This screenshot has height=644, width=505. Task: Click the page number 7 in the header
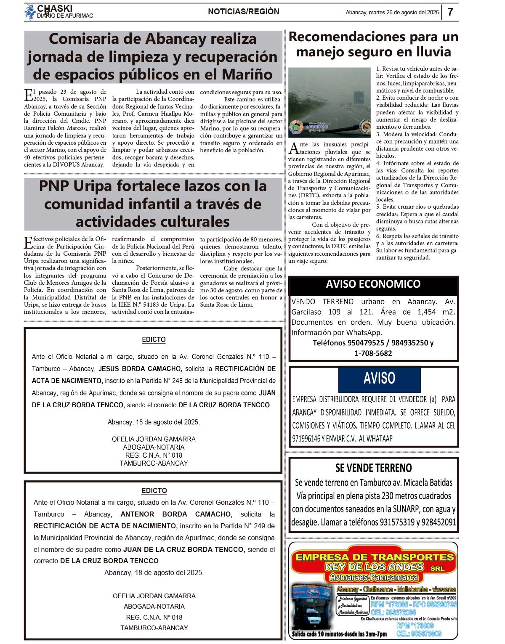click(x=450, y=12)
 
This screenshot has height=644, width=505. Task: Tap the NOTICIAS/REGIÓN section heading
click(x=243, y=12)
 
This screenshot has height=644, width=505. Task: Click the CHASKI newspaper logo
click(x=55, y=12)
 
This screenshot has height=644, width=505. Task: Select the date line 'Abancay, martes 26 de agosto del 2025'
click(x=392, y=13)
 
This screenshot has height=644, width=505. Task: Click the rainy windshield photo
click(x=329, y=102)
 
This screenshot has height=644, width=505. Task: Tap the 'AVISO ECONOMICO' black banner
click(x=373, y=284)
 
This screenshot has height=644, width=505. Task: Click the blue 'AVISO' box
click(x=379, y=378)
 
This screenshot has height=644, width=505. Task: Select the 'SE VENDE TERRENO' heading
click(x=373, y=468)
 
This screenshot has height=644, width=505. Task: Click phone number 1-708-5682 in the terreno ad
click(x=373, y=353)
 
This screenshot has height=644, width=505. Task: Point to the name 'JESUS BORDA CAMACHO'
click(x=140, y=369)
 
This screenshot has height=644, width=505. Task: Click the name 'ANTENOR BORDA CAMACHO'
click(x=176, y=514)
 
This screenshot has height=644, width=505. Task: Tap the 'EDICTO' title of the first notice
click(x=154, y=339)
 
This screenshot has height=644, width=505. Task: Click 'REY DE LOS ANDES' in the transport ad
click(x=374, y=567)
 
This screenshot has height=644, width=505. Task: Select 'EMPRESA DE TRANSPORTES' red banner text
click(x=375, y=557)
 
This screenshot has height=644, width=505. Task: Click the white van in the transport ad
click(x=312, y=616)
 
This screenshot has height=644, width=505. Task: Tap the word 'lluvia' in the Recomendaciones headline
click(x=428, y=52)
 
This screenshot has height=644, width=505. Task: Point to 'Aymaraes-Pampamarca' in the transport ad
click(x=374, y=578)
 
